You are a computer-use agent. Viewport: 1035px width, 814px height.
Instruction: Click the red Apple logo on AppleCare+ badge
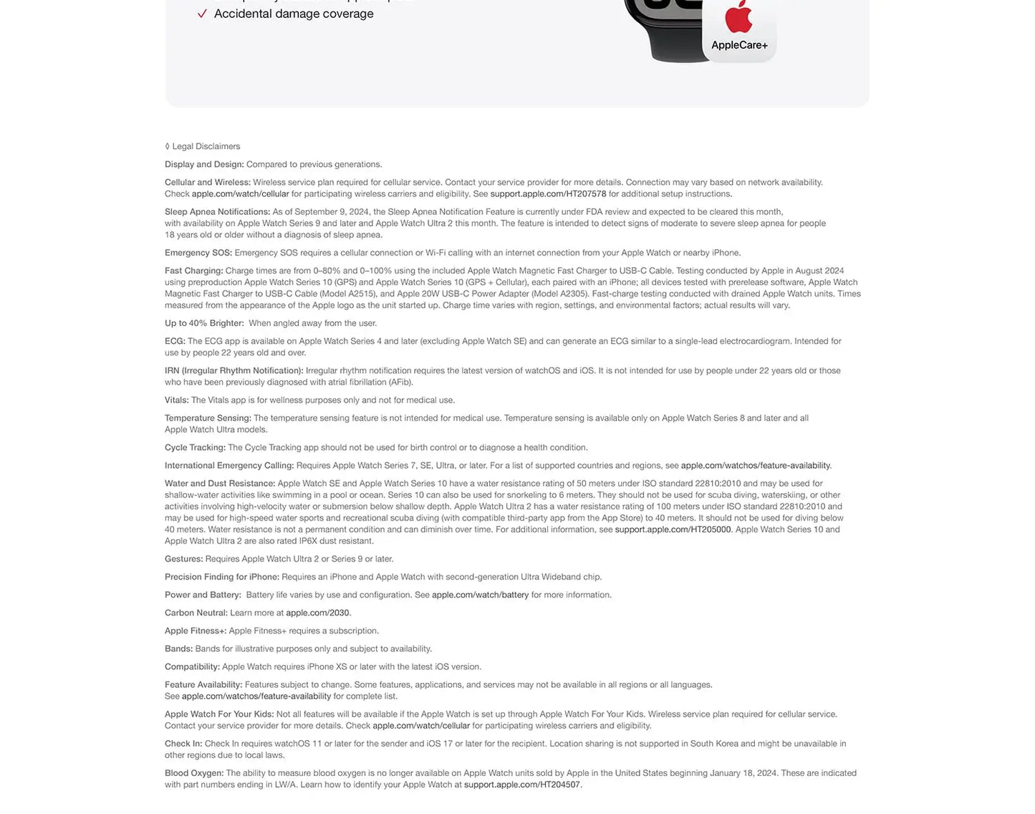coord(738,17)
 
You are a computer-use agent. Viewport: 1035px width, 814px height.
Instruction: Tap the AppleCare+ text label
coord(739,45)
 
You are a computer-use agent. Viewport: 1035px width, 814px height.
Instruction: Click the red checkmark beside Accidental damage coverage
coord(202,14)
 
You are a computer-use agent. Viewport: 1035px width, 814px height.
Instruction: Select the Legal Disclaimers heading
coord(206,146)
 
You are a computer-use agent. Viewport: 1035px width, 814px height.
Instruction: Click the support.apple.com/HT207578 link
coord(548,193)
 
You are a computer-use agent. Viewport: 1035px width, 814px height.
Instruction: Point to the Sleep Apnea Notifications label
coord(217,211)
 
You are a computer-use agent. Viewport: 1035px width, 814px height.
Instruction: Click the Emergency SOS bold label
coord(198,252)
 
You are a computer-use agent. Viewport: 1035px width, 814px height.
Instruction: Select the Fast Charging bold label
coord(193,270)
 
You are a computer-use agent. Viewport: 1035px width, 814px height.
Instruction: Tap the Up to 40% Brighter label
coord(204,323)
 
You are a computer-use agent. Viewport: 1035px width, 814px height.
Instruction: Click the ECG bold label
coord(175,341)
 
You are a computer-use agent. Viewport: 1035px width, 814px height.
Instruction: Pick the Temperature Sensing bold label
coord(208,418)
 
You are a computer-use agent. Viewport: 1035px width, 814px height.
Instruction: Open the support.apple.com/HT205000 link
coord(673,530)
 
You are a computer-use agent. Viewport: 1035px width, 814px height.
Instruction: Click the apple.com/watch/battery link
coord(480,595)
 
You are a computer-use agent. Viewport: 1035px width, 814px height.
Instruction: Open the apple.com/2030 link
coord(317,613)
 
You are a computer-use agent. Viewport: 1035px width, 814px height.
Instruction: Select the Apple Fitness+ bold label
coord(196,631)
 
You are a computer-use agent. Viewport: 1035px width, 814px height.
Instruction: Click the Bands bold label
coord(178,648)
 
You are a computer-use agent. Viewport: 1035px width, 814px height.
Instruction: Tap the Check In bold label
coord(183,744)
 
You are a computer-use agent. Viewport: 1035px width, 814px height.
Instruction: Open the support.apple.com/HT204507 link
coord(521,785)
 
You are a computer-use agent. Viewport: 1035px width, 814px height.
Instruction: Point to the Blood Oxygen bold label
coord(194,773)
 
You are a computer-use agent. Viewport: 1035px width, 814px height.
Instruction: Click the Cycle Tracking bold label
coord(195,447)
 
